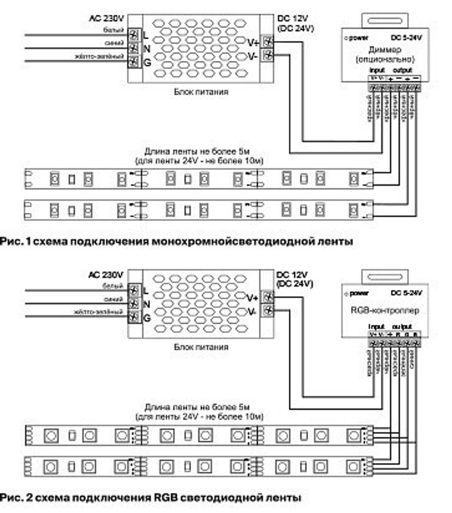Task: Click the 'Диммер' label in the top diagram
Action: [385, 50]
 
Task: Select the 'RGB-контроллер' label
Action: [385, 311]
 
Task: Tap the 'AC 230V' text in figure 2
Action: [107, 274]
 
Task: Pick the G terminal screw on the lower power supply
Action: [133, 318]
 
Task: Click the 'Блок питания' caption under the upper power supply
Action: [201, 92]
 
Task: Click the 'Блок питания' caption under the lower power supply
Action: [201, 347]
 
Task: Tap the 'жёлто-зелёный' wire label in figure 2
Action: [99, 312]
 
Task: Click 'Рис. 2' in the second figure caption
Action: [16, 499]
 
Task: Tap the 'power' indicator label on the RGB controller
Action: [360, 294]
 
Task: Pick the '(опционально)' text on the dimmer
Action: [385, 59]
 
